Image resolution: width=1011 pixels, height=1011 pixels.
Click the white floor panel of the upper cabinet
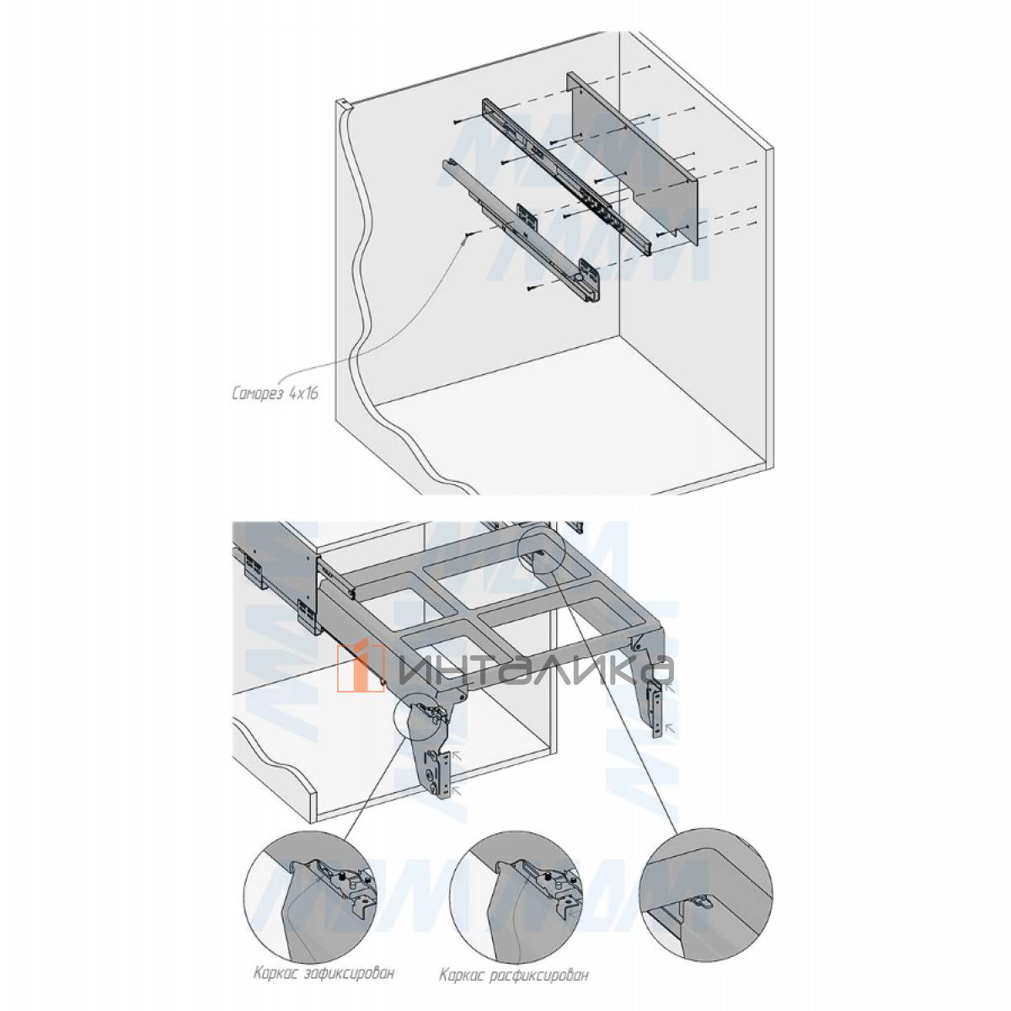[x=581, y=404]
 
